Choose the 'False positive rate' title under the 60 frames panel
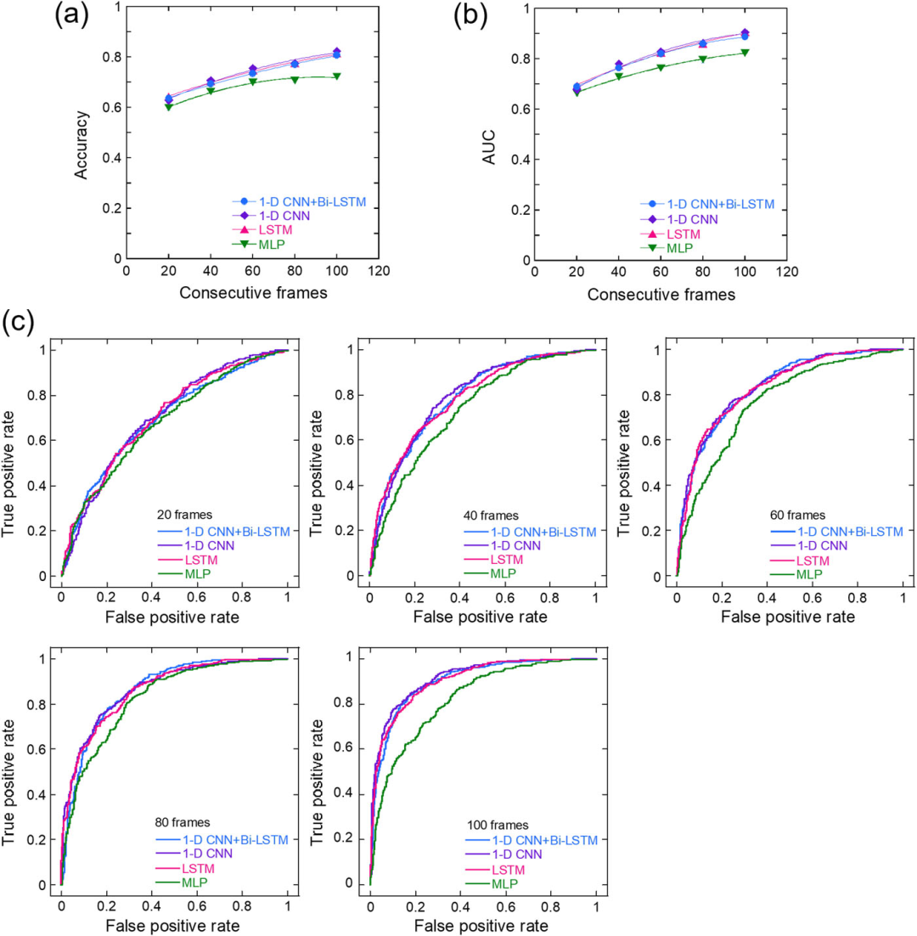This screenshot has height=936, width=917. [789, 617]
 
